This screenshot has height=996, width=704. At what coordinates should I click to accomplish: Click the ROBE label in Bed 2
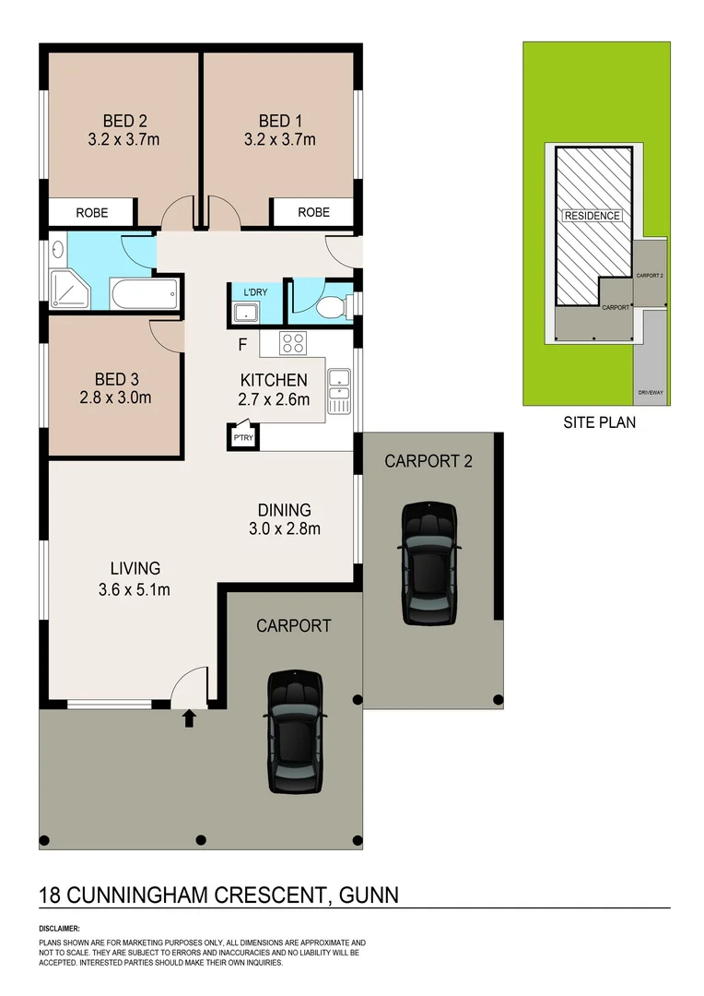coord(92,213)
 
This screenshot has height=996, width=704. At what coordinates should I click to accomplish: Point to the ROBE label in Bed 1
coord(313,213)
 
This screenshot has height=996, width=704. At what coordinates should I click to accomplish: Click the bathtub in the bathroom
coord(143,294)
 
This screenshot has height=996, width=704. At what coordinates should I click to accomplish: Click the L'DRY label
coord(255,293)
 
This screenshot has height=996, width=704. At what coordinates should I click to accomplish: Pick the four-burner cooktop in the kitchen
coord(293,344)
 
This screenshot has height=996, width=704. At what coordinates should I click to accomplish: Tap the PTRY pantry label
coord(243,438)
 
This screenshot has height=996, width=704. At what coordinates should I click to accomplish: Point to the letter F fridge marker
coord(242,346)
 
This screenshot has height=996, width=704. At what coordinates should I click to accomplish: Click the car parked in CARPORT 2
coord(428,563)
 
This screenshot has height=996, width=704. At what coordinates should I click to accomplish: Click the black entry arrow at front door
coord(190,717)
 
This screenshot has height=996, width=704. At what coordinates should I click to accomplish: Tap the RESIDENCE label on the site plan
coord(593,216)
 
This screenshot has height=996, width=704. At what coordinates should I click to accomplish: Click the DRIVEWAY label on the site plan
coord(651,394)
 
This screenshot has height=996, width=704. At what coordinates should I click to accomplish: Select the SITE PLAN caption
coord(600,423)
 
